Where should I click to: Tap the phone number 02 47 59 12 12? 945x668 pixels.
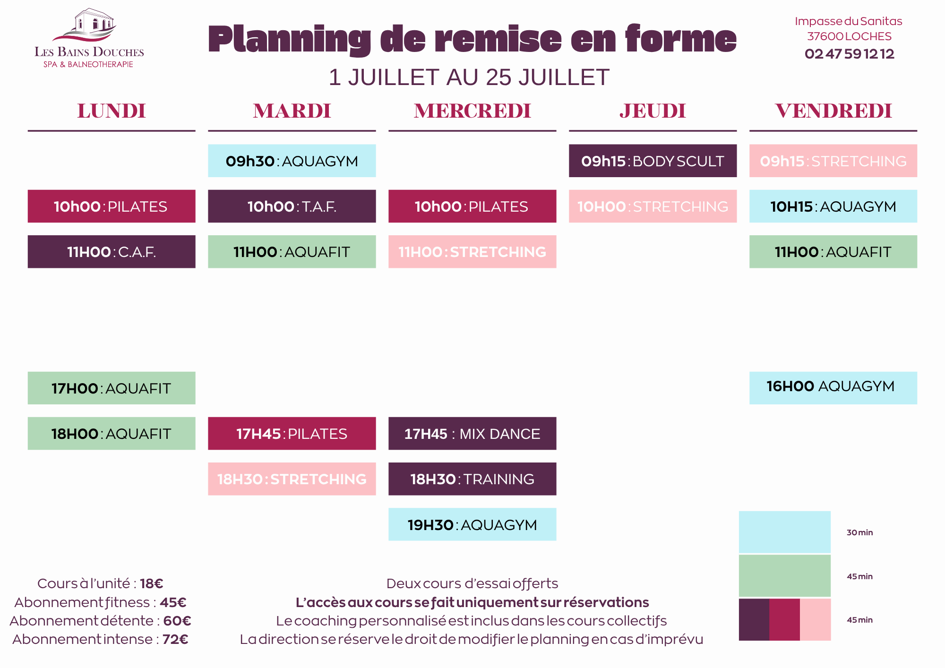[x=849, y=54]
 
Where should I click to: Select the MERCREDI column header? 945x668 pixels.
[x=472, y=111]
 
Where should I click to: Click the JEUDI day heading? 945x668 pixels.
[x=653, y=111]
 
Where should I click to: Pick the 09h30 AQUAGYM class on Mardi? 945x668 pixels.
[x=292, y=161]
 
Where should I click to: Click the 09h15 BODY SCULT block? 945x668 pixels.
[x=653, y=161]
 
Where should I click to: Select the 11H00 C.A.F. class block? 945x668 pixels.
[x=112, y=252]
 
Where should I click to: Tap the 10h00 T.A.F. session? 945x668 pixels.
[x=292, y=206]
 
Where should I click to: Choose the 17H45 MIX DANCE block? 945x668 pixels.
[x=472, y=433]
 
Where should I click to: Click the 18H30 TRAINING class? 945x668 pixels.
[x=472, y=479]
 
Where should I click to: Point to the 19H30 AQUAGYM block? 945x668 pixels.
[x=472, y=524]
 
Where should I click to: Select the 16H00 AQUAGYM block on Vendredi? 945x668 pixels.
[x=833, y=388]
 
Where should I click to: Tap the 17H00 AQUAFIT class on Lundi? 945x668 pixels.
[x=112, y=388]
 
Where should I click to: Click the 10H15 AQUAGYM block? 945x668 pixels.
[x=833, y=206]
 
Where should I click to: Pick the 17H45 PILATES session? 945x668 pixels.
[x=292, y=433]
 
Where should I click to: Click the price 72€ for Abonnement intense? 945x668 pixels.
[x=175, y=639]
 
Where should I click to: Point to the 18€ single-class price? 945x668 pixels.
[x=152, y=583]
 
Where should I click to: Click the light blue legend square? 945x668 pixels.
[x=785, y=532]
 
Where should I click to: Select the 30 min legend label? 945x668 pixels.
[x=859, y=532]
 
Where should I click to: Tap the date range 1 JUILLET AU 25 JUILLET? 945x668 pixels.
[x=469, y=77]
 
